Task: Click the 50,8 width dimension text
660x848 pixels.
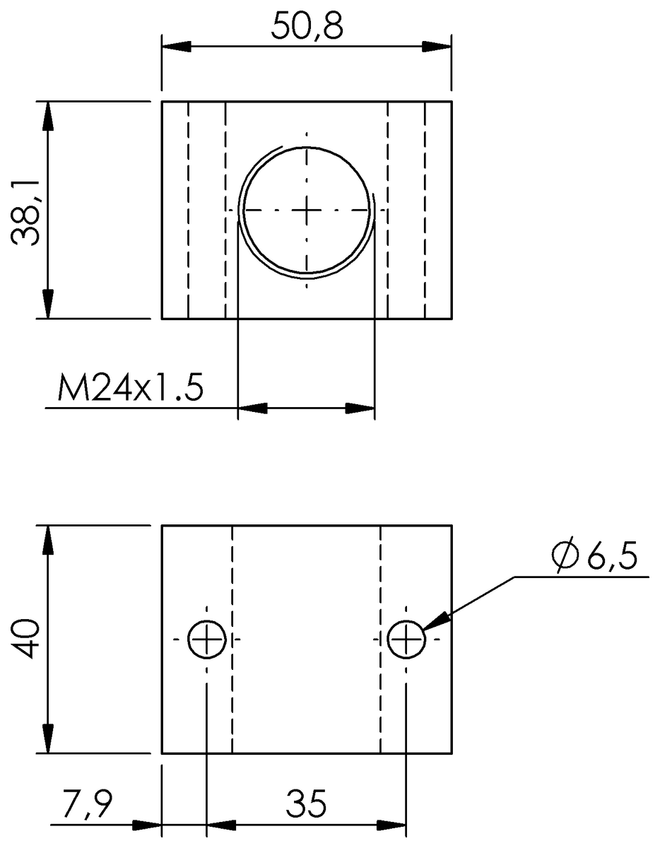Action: (x=307, y=26)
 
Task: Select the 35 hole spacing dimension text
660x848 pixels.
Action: (x=306, y=805)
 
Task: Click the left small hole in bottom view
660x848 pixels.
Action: (x=206, y=640)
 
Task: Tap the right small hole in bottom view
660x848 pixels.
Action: (x=406, y=640)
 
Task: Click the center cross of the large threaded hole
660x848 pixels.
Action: (x=307, y=210)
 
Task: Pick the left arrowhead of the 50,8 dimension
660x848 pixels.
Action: (x=177, y=47)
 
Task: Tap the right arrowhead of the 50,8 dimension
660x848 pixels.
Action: (x=437, y=47)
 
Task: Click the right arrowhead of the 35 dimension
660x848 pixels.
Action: (x=392, y=825)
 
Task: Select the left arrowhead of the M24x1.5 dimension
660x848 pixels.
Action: (x=252, y=408)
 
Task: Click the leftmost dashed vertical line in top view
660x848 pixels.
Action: (x=188, y=211)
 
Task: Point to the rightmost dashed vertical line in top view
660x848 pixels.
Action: (x=425, y=211)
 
